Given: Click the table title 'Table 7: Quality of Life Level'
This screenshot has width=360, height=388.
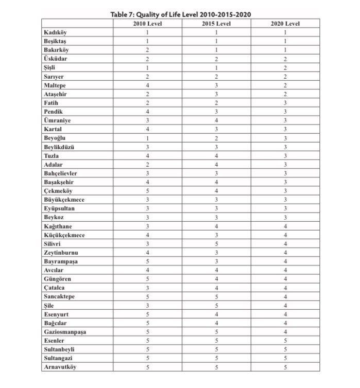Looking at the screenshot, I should click(181, 14).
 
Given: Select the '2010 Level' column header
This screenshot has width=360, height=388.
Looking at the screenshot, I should click(147, 24).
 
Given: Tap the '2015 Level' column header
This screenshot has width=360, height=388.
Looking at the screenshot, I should click(216, 24).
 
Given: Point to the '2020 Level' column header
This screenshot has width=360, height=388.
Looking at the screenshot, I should click(285, 24).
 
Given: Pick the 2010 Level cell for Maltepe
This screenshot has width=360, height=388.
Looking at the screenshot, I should click(147, 85).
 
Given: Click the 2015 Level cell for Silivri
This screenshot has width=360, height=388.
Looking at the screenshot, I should click(216, 244).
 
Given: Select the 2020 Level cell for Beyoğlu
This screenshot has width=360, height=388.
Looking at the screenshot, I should click(285, 138).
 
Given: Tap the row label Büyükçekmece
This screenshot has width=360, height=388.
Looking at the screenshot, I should click(64, 200).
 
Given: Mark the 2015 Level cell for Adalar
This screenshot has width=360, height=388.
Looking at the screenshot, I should click(216, 165).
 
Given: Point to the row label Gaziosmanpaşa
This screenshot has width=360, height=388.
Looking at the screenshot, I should click(65, 332).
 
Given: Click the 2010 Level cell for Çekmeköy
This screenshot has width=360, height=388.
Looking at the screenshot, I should click(147, 191).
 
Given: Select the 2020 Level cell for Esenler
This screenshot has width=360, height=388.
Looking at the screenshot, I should click(285, 341).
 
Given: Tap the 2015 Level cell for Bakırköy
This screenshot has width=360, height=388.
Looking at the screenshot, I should click(216, 50).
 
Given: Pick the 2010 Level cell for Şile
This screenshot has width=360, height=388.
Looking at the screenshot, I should click(147, 306).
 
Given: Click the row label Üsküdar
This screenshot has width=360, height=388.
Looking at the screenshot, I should click(56, 59).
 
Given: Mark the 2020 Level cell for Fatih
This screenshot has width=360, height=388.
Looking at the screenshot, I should click(285, 103).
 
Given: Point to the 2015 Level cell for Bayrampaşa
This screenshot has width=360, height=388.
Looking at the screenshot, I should click(216, 261).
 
